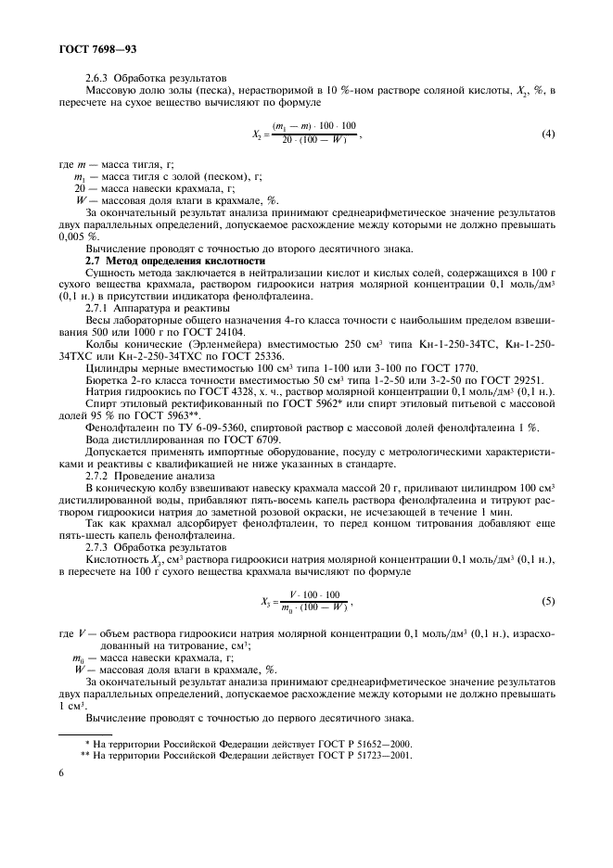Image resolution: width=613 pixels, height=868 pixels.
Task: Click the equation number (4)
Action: point(547,134)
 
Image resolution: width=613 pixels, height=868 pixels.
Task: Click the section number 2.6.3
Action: point(98,78)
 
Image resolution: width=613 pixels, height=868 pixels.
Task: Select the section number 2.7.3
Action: point(98,547)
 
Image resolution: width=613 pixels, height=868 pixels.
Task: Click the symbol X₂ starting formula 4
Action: point(258,134)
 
